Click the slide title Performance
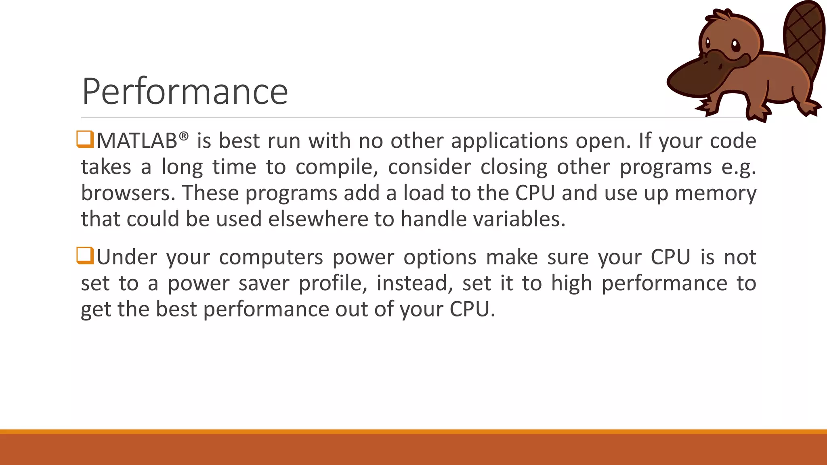(185, 92)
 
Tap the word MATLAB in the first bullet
(136, 141)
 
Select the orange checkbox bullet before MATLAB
(85, 139)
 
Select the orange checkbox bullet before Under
(85, 256)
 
